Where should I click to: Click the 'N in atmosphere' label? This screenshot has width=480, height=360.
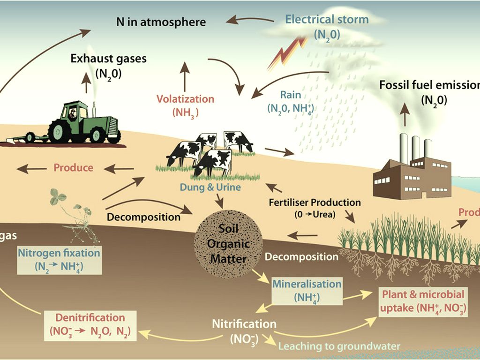pyautogui.click(x=161, y=22)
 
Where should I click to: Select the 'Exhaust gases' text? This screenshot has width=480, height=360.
pyautogui.click(x=109, y=59)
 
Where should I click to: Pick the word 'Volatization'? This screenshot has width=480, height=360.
pyautogui.click(x=185, y=99)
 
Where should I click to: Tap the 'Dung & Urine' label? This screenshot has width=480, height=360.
pyautogui.click(x=210, y=187)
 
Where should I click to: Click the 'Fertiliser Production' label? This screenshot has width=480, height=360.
pyautogui.click(x=315, y=202)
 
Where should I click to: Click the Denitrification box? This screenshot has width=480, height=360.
pyautogui.click(x=90, y=324)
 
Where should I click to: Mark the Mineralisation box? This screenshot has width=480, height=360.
pyautogui.click(x=307, y=290)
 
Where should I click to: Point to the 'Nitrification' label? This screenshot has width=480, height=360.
pyautogui.click(x=244, y=323)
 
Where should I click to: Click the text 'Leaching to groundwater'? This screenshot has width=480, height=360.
pyautogui.click(x=340, y=346)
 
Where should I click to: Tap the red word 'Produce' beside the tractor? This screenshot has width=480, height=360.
pyautogui.click(x=73, y=167)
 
